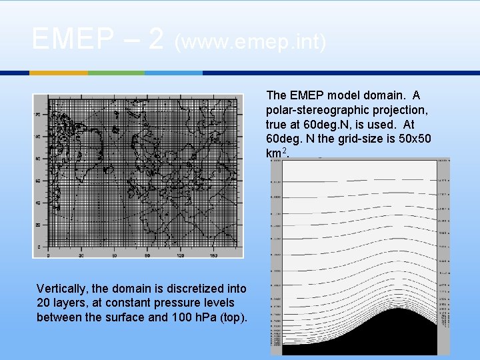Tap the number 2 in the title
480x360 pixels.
coord(156,39)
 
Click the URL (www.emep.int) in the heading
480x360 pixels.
coord(250,42)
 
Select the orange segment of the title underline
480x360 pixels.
coord(59,72)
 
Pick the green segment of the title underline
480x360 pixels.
coord(116,72)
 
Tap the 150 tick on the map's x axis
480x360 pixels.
coord(214,255)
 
